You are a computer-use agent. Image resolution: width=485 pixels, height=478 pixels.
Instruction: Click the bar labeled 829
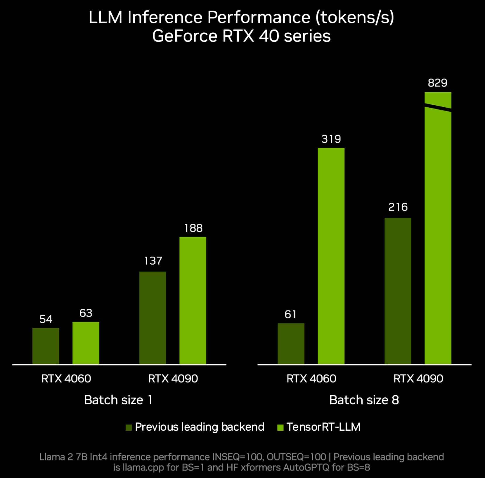tap(438, 234)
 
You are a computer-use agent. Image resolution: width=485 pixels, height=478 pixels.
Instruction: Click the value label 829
tap(437, 83)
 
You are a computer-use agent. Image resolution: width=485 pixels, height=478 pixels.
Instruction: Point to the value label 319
tap(331, 139)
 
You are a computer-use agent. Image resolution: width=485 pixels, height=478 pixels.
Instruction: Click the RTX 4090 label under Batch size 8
tap(418, 379)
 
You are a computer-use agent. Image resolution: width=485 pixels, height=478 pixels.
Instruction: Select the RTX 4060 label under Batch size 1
tap(66, 379)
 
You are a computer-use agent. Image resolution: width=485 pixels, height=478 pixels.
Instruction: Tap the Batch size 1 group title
tap(118, 400)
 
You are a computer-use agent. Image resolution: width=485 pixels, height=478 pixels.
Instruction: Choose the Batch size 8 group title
tap(364, 400)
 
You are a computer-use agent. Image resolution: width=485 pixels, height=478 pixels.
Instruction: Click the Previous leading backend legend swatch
tap(129, 427)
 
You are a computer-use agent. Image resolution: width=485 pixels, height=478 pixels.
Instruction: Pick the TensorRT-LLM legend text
tap(323, 427)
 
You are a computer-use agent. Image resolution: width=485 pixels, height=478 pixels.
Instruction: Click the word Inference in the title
tap(165, 18)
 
